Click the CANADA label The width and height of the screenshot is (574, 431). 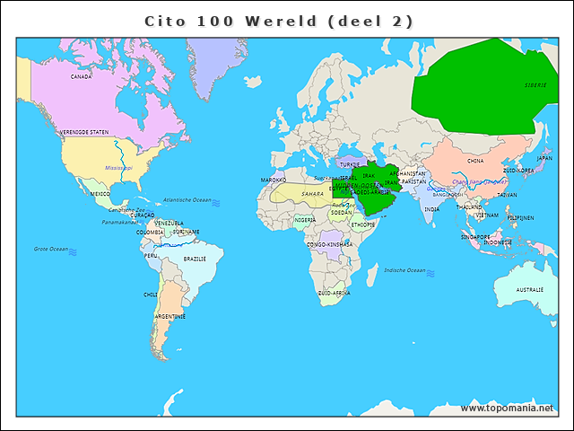point(82,76)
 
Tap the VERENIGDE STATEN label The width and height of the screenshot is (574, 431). point(84,132)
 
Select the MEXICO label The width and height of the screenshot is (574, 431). point(100,193)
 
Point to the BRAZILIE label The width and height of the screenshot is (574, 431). point(195,259)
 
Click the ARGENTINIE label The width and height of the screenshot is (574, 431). point(170,316)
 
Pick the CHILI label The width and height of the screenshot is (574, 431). point(150,294)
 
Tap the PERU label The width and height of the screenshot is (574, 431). point(151,255)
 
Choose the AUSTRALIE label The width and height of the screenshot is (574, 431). point(529,289)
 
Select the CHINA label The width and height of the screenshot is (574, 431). point(475,161)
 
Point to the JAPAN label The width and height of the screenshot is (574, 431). point(544,158)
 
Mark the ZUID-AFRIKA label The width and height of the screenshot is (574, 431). point(334,293)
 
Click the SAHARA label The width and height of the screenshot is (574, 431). point(312,193)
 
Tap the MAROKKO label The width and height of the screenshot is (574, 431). point(274,180)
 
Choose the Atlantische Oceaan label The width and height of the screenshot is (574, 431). point(187,199)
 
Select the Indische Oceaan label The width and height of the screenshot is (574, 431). point(404,269)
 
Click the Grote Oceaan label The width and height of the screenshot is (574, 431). point(50,249)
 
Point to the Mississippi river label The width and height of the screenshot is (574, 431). point(118,167)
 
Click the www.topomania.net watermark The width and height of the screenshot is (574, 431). point(507,408)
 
